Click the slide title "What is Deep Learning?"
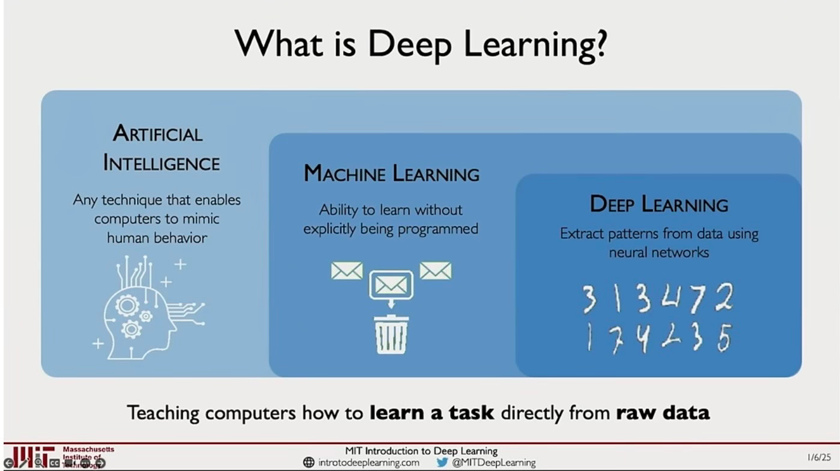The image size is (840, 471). tap(420, 44)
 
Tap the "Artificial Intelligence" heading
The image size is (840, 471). tap(160, 148)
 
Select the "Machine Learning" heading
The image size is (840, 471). tap(391, 174)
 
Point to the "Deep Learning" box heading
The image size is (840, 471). tap(659, 204)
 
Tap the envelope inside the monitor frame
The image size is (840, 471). tap(391, 284)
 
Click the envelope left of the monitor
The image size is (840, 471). tap(347, 271)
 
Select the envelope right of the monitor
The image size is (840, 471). tap(435, 271)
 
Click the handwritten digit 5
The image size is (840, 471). tap(725, 338)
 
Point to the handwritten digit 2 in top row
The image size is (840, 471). tap(724, 298)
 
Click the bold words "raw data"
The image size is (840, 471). tap(663, 413)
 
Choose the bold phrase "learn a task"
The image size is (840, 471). tap(431, 413)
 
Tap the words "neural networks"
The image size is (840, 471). tap(659, 252)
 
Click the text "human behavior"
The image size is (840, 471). tap(157, 238)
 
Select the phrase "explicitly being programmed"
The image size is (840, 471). tap(391, 229)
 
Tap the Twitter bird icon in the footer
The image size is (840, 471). tap(443, 463)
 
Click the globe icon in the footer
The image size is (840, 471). tap(309, 463)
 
